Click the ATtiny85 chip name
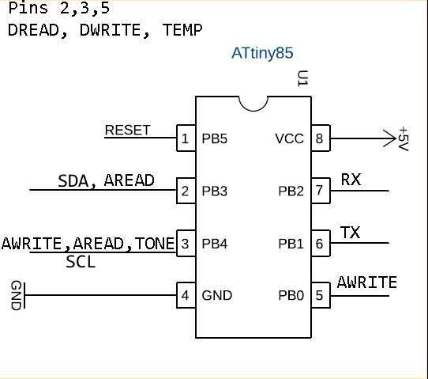pos(262,53)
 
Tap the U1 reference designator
pos(302,78)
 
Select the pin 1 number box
pos(186,138)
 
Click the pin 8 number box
pos(321,138)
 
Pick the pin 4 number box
pos(186,295)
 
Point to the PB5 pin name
pos(214,138)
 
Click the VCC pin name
pos(289,138)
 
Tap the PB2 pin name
pos(291,191)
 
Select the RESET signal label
pos(127,131)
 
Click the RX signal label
pos(351,180)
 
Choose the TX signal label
pos(350,233)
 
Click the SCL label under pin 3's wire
pos(81,262)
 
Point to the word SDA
pos(73,180)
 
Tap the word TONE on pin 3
pos(155,244)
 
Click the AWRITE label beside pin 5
pos(367,282)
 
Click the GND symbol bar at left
pos(24,296)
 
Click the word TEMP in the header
pos(182,30)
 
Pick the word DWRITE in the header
pos(111,30)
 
